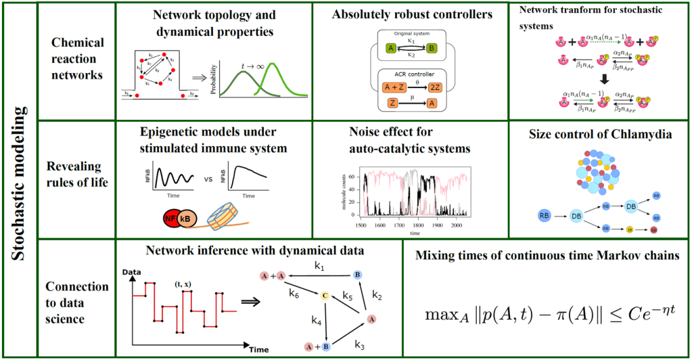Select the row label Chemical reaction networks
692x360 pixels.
[78, 59]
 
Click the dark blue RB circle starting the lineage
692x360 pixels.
[545, 215]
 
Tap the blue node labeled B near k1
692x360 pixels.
[356, 274]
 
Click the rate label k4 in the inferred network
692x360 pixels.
[315, 318]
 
